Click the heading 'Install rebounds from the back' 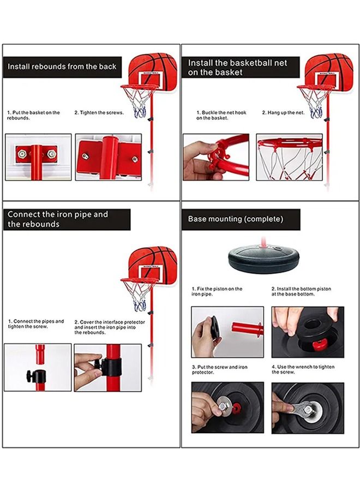(62, 67)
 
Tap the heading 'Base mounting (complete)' (236, 219)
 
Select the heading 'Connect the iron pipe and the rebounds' (58, 219)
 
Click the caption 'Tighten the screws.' (99, 113)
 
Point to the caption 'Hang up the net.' (283, 113)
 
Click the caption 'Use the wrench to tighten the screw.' (303, 369)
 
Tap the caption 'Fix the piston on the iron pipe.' (217, 291)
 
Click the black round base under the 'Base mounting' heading (263, 259)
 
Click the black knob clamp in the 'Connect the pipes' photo (37, 376)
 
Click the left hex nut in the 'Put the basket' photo (22, 154)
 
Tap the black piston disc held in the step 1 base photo (215, 330)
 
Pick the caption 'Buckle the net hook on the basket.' (221, 115)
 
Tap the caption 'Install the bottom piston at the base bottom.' (301, 291)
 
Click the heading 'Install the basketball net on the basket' (237, 67)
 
